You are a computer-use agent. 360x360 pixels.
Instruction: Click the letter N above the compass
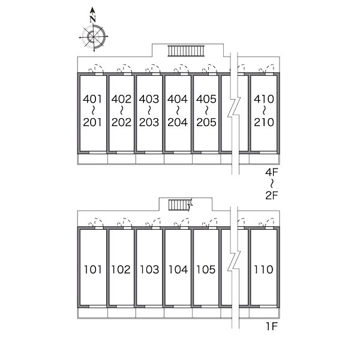click(93, 19)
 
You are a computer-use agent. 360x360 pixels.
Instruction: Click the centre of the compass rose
click(94, 37)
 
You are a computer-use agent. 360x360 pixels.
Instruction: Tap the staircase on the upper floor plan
click(186, 51)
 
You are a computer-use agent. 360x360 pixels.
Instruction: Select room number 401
click(92, 99)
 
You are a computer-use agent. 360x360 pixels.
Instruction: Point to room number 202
click(121, 122)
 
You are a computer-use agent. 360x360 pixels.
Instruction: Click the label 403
click(149, 99)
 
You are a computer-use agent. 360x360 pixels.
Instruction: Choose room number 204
click(178, 122)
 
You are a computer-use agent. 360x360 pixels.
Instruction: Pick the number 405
click(206, 99)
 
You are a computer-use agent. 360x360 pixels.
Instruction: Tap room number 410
click(264, 99)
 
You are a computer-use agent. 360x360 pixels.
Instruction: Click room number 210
click(264, 122)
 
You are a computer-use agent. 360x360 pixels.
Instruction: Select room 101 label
click(93, 269)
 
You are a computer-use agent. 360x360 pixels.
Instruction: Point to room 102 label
click(121, 269)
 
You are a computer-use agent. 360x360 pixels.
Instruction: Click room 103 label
click(149, 269)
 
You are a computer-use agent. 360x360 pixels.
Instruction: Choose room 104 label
click(178, 269)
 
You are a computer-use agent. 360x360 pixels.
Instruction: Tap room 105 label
click(206, 269)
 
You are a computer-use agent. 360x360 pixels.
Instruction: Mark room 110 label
click(263, 269)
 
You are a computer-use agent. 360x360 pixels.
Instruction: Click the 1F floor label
click(272, 326)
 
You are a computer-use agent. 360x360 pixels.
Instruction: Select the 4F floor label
click(272, 172)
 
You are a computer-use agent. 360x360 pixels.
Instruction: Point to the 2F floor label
click(272, 196)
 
